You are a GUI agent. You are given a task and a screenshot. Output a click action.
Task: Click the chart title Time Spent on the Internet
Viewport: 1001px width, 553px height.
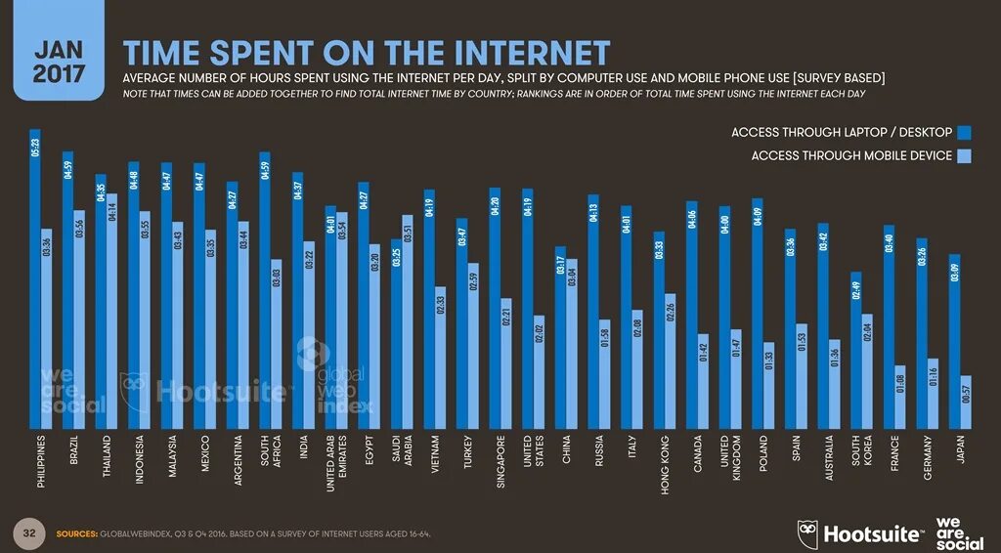point(366,53)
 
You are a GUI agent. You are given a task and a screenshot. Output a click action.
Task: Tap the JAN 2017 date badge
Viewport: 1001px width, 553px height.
point(59,61)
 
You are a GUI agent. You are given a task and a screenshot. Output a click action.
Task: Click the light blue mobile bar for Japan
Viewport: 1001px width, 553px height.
point(966,402)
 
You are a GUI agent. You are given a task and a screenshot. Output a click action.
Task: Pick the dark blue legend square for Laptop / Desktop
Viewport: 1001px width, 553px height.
point(964,132)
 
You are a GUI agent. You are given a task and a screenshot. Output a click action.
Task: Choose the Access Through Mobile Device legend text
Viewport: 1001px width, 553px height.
point(851,155)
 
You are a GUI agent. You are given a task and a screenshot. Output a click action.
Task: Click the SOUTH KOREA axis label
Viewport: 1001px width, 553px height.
point(861,456)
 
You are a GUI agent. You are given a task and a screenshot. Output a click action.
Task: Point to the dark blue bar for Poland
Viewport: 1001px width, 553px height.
point(758,313)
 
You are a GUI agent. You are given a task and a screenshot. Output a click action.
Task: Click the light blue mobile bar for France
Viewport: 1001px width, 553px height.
point(900,397)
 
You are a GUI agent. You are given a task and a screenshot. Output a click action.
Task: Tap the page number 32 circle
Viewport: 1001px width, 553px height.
point(29,533)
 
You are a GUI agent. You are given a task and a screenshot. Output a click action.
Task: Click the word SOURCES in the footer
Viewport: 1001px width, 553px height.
point(76,534)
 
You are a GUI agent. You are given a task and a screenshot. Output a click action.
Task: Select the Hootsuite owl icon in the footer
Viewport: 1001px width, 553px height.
point(807,533)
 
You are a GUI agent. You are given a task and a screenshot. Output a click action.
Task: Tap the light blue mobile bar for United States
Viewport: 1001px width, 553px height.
point(539,371)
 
